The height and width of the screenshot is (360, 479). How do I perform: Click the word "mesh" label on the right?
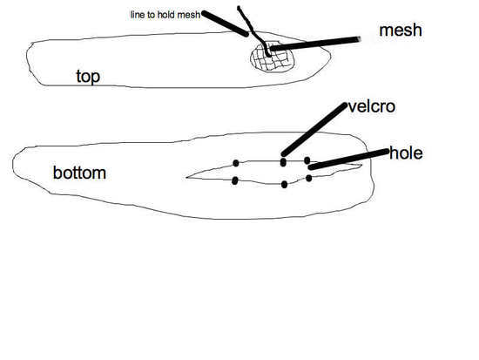pos(401,31)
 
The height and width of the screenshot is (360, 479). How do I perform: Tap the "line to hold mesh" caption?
pos(165,15)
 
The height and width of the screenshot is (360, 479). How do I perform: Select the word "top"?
pos(88,77)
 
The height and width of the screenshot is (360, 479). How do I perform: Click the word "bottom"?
pos(79,173)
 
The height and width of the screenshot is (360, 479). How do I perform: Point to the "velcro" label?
pos(372,106)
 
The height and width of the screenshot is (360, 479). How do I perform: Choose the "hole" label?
pos(407,153)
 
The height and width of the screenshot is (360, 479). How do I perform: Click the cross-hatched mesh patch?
pos(273,58)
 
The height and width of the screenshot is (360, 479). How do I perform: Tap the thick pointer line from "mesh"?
pos(315,44)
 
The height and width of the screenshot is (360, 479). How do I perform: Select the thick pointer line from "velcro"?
pos(314,129)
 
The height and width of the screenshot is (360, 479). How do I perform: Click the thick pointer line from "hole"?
pos(348,159)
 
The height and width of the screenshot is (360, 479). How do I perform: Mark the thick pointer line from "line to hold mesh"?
pos(226,24)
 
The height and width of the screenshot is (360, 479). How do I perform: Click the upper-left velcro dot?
pos(236,163)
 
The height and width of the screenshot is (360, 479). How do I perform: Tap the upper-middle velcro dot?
pos(283,162)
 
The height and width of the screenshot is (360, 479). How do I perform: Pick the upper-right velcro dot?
pos(307,160)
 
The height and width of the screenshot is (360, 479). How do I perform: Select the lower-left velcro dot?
pos(234,180)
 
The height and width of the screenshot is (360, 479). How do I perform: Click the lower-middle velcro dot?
pos(284,185)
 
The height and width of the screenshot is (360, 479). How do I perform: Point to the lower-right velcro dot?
pos(309,178)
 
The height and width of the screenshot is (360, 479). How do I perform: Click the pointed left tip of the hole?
pos(186,178)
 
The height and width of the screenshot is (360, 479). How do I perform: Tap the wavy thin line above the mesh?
pos(253,31)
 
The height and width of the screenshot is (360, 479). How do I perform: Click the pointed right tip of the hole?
pos(362,166)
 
